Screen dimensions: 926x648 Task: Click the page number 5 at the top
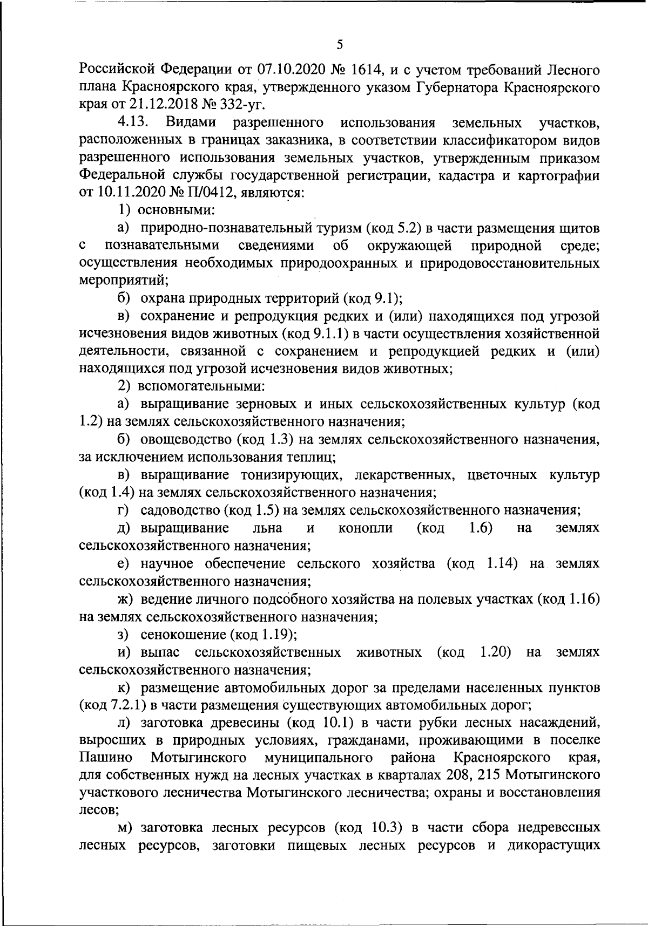(x=339, y=45)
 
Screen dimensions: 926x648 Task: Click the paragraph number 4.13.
(x=133, y=122)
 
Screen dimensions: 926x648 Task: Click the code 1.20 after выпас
(x=495, y=652)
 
